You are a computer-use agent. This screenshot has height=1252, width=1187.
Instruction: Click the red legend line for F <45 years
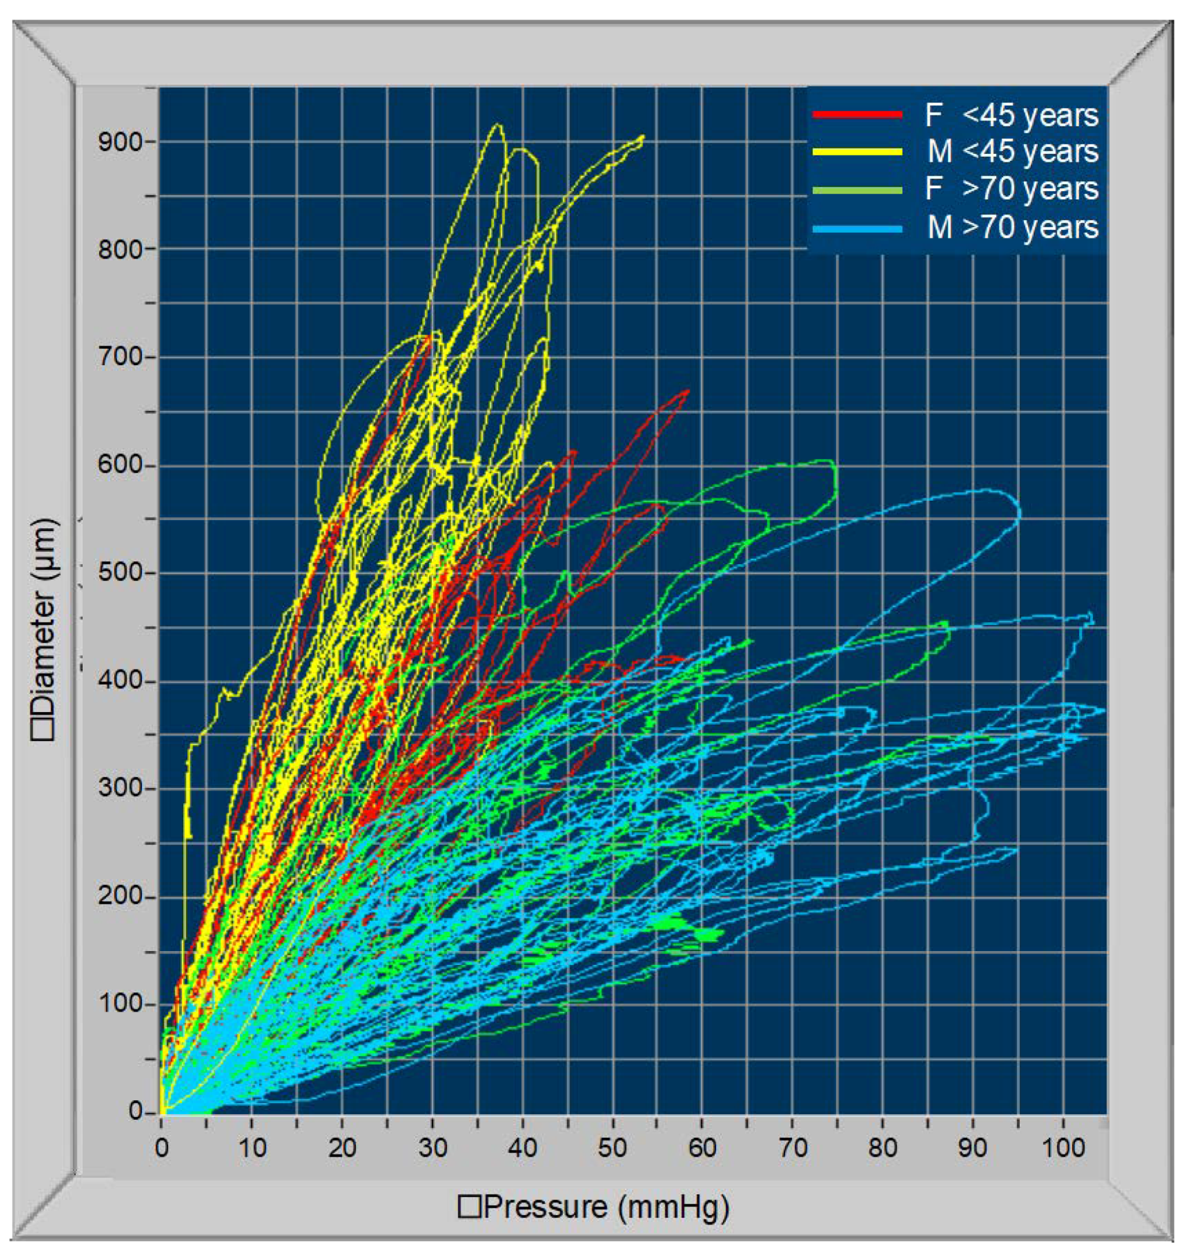857,114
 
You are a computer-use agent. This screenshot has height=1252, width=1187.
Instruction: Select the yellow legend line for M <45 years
857,151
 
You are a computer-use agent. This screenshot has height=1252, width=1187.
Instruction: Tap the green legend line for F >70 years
857,189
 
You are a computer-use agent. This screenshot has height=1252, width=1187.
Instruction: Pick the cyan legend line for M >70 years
857,228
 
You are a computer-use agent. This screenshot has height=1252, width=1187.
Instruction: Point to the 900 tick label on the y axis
120,142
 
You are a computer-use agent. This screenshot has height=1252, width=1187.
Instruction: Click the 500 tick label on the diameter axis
120,573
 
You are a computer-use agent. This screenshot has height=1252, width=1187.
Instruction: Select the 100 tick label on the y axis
120,1004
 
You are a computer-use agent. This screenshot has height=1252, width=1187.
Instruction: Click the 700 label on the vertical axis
120,357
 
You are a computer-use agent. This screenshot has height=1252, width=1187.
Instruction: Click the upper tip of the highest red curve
688,391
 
